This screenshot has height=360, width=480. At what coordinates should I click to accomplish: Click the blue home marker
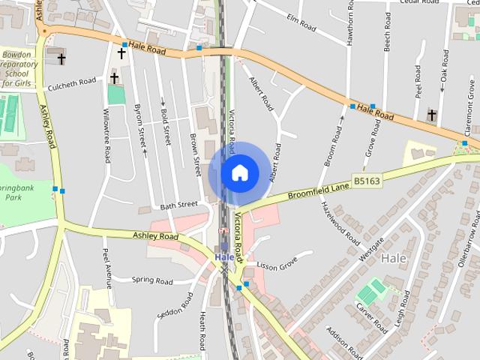coord(239,172)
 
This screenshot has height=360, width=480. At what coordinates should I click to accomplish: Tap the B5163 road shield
coord(367,181)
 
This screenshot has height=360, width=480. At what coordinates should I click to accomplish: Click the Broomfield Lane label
coord(319,190)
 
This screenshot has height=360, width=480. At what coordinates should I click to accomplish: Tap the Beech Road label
coord(388,32)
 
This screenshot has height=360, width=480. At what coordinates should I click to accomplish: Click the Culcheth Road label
coord(72,84)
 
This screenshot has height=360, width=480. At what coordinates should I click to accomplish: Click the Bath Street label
coord(178,204)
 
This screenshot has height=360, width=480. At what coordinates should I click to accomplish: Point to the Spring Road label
coord(152,281)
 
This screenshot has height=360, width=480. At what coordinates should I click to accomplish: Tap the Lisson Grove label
coord(277,263)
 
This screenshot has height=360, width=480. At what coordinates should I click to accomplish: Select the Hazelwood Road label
coord(340,224)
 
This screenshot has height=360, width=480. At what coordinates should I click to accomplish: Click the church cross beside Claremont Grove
coord(431,115)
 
